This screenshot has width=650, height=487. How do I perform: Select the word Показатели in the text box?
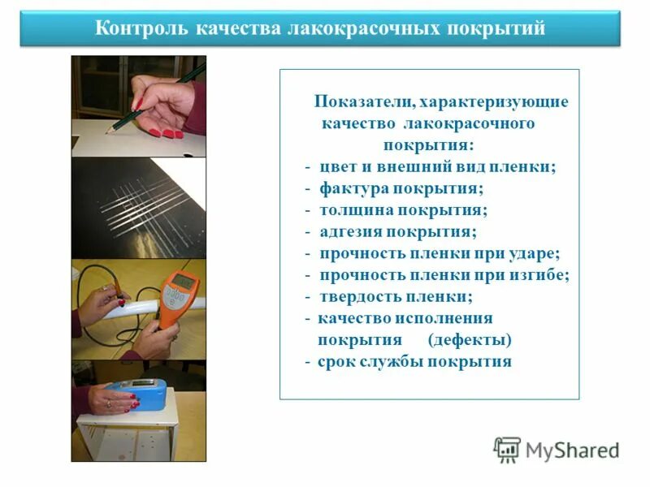tap(362, 102)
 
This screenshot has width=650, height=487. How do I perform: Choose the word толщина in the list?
tap(355, 210)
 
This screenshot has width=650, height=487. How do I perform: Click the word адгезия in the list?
tap(352, 231)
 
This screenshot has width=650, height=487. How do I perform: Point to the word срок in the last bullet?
tap(336, 362)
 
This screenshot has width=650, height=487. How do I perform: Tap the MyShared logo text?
tap(572, 450)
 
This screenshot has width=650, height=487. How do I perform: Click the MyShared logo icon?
tap(507, 450)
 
